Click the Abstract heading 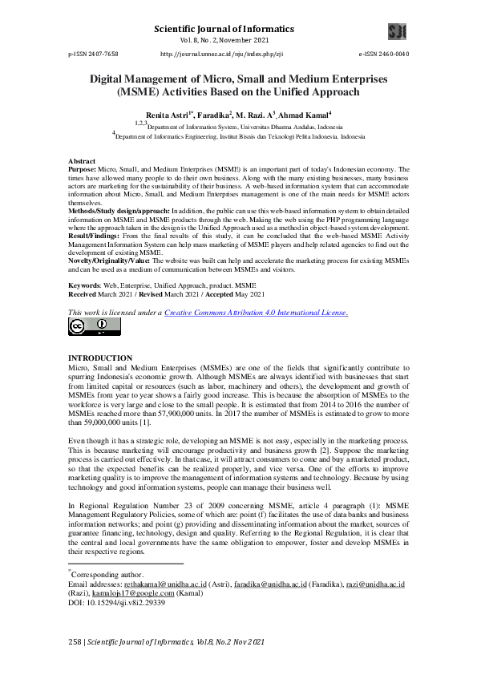pyautogui.click(x=83, y=162)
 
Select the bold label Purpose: pyautogui.click(x=82, y=170)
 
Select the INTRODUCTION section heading pyautogui.click(x=100, y=357)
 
